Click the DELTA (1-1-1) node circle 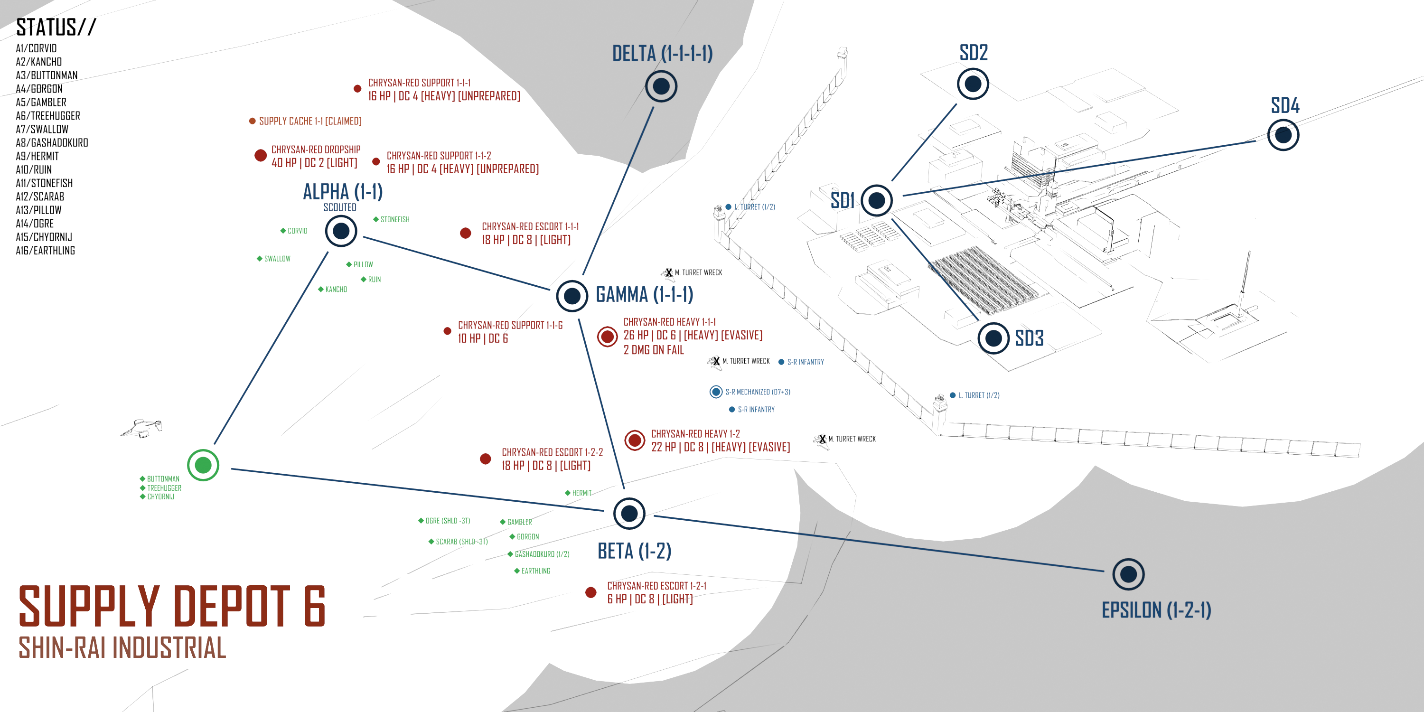click(661, 86)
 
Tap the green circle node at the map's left click(203, 465)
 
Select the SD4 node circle click(1283, 135)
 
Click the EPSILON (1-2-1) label click(1156, 610)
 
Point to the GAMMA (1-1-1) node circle click(571, 296)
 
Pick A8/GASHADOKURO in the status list click(52, 142)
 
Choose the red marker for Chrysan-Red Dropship click(261, 155)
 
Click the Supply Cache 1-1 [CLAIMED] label click(310, 121)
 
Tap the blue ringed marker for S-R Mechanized click(716, 392)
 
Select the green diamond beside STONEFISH click(376, 219)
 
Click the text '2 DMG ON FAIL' click(654, 350)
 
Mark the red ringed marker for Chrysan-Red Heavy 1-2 click(635, 440)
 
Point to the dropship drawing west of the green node click(142, 428)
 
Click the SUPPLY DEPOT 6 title click(172, 607)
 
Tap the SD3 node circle click(993, 338)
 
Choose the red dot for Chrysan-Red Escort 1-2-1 click(590, 592)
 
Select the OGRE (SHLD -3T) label click(448, 521)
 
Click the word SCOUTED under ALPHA click(339, 207)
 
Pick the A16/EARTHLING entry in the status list click(45, 251)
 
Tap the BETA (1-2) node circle click(629, 513)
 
